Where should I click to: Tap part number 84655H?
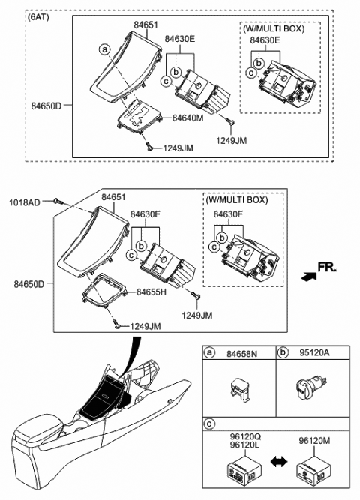[x=151, y=292]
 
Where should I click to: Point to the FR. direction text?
[x=327, y=267]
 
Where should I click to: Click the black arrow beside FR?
[x=307, y=276]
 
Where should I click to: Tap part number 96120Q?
[x=242, y=435]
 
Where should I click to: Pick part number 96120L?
[x=242, y=445]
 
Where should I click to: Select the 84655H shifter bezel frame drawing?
[x=104, y=301]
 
